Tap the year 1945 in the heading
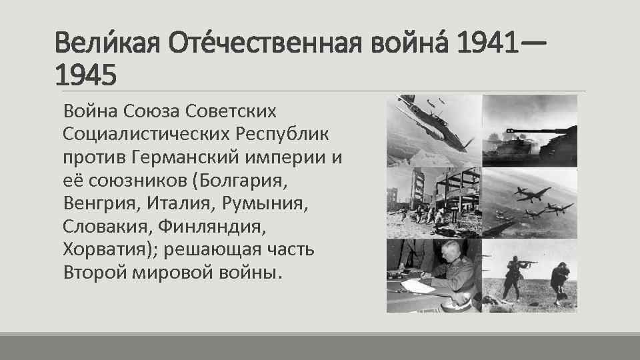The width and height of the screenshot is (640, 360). pyautogui.click(x=85, y=75)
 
